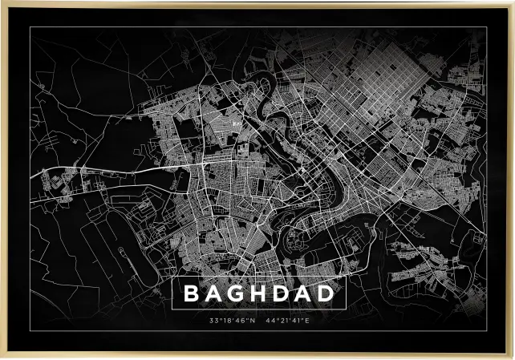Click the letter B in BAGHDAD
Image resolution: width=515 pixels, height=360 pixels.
191,294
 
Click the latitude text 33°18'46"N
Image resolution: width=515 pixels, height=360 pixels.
232,322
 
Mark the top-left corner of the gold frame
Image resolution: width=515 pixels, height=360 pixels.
2,2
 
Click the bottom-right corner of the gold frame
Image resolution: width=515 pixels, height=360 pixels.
512,357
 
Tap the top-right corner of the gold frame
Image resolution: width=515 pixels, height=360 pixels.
512,2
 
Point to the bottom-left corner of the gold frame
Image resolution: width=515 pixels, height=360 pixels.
2,357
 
